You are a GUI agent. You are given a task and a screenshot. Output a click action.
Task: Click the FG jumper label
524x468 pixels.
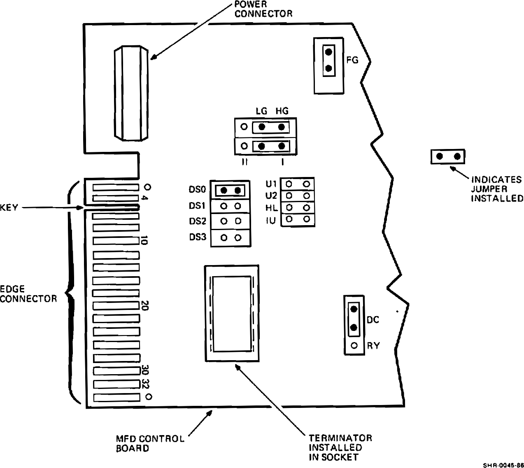pyautogui.click(x=353, y=60)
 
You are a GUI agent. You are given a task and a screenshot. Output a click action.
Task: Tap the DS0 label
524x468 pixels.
pyautogui.click(x=197, y=190)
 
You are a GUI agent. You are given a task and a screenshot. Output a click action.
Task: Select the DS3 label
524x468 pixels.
pyautogui.click(x=197, y=237)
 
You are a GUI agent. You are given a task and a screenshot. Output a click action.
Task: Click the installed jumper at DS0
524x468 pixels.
pyautogui.click(x=231, y=190)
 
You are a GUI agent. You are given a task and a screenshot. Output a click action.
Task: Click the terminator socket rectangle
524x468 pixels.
pyautogui.click(x=232, y=314)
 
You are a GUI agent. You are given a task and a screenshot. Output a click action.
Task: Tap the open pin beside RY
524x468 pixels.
pyautogui.click(x=354, y=346)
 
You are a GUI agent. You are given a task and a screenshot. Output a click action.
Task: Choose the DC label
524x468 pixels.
pyautogui.click(x=373, y=320)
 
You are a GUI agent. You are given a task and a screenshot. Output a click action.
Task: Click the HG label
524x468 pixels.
pyautogui.click(x=282, y=111)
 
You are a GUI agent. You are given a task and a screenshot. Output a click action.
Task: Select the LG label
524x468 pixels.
pyautogui.click(x=261, y=111)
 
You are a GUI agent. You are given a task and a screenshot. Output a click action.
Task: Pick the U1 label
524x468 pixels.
pyautogui.click(x=272, y=183)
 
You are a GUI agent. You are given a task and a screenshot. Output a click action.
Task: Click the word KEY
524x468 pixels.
pyautogui.click(x=9, y=207)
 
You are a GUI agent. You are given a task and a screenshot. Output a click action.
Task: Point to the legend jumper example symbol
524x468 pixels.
pyautogui.click(x=448, y=156)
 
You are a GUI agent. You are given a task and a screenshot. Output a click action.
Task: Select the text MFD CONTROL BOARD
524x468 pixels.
pyautogui.click(x=150, y=443)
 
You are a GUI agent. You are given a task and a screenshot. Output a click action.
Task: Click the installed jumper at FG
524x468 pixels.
pyautogui.click(x=328, y=60)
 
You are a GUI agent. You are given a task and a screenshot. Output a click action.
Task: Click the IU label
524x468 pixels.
pyautogui.click(x=272, y=221)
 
